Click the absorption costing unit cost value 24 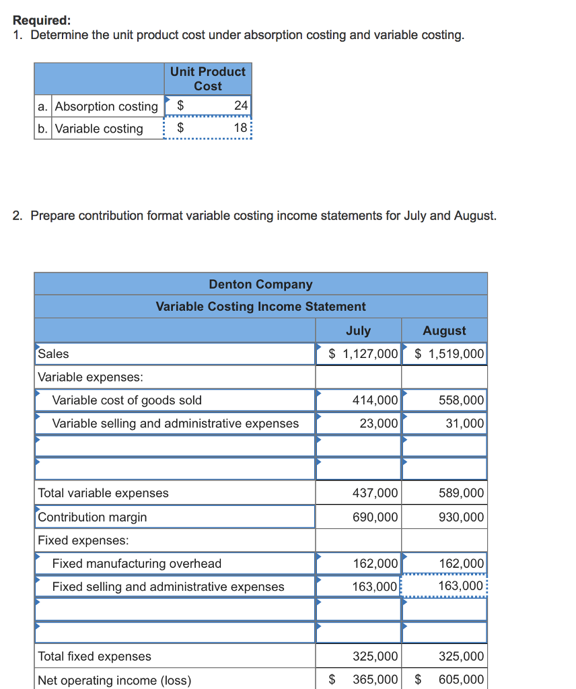pos(240,106)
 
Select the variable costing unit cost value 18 pos(240,129)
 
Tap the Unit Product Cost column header pos(208,79)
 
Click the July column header pos(358,330)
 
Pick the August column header pos(444,330)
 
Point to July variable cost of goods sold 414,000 pos(375,400)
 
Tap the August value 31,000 pos(464,423)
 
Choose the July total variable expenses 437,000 pos(375,493)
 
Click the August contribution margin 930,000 pos(461,517)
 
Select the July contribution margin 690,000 pos(375,517)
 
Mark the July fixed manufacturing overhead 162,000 pos(375,563)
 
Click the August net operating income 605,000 pos(461,680)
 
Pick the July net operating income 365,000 pos(375,680)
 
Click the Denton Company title pos(260,285)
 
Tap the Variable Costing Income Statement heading pos(260,307)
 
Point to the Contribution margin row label pos(92,517)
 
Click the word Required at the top pos(37,20)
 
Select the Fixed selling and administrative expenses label pos(168,587)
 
